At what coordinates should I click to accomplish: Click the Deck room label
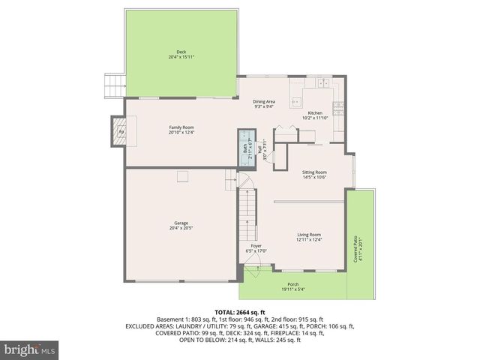tap(181, 52)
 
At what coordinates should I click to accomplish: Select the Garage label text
tap(181, 222)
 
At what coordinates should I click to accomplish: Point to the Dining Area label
tap(263, 101)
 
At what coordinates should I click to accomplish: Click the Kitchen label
tap(314, 112)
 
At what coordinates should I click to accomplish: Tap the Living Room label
tap(309, 235)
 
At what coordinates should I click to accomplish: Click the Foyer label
tap(256, 246)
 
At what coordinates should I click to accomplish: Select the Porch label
tap(293, 284)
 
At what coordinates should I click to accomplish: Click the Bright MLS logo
tap(30, 349)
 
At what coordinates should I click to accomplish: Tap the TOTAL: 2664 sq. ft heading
tap(240, 312)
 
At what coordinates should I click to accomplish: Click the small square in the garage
tap(181, 177)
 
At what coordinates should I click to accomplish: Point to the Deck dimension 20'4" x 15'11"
tap(181, 57)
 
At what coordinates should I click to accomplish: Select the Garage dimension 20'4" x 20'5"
tap(181, 227)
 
